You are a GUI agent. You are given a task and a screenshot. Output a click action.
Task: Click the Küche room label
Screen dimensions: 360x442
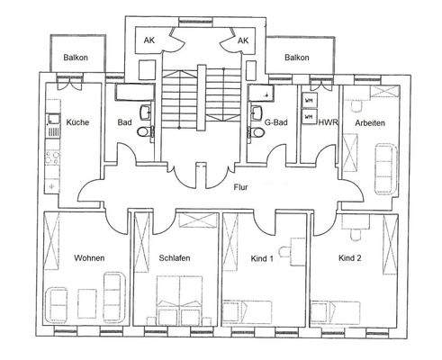(x=77, y=122)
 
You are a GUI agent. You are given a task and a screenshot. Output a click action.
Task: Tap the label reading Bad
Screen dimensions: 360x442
(x=125, y=122)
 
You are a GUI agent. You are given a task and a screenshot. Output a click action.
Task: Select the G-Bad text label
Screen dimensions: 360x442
(x=275, y=122)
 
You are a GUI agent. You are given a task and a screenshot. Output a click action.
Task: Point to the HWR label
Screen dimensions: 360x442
(x=328, y=122)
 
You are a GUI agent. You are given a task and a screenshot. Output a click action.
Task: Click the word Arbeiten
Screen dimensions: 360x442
(x=371, y=122)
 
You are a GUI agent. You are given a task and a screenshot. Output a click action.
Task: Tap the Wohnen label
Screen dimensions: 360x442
(x=89, y=259)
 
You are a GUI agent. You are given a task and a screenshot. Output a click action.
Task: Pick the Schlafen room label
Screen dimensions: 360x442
(x=175, y=259)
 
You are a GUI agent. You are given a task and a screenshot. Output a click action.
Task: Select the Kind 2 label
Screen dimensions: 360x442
(x=349, y=259)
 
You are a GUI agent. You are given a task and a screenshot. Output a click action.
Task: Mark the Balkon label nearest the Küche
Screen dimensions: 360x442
(x=77, y=58)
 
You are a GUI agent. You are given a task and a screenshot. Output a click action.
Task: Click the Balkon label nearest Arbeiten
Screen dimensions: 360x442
(x=296, y=58)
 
